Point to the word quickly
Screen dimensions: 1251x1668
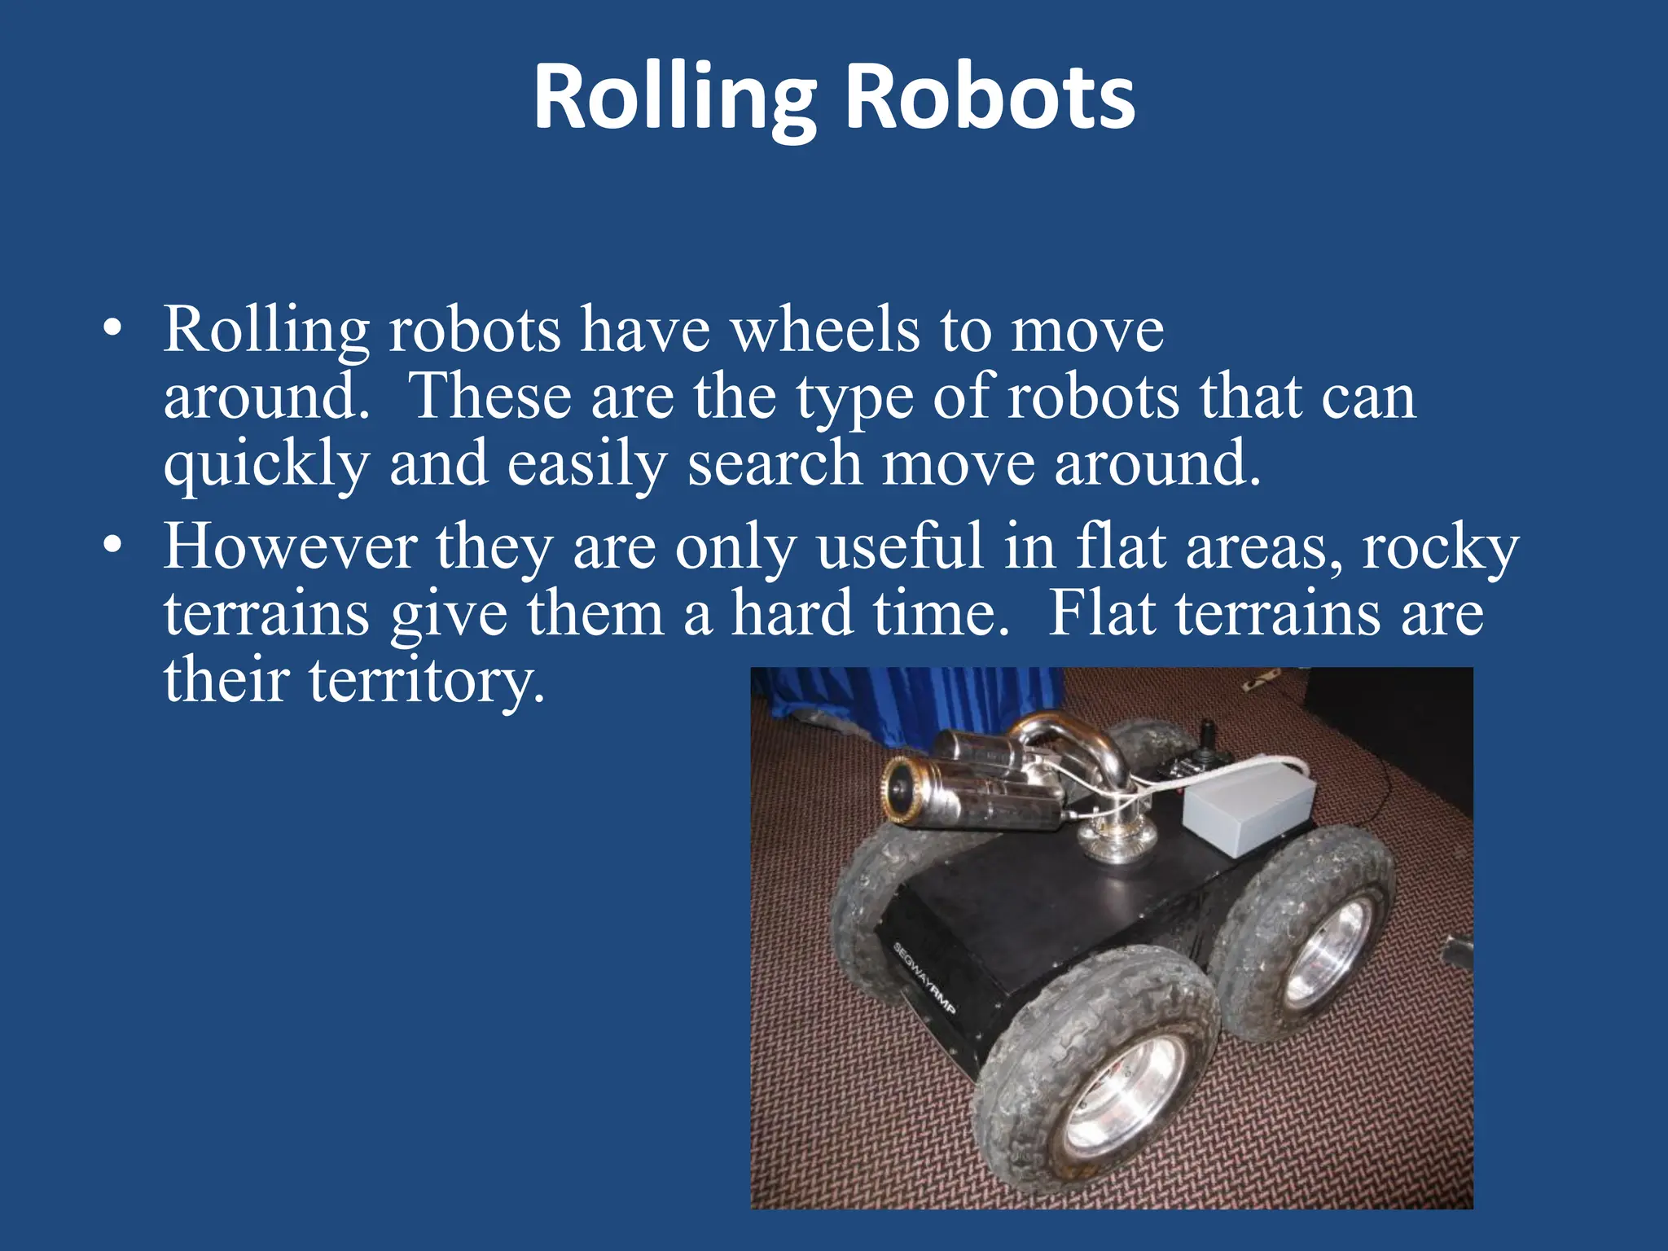[266, 464]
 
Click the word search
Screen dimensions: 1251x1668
[775, 463]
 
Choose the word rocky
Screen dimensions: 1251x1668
[1440, 547]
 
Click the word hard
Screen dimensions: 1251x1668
[792, 612]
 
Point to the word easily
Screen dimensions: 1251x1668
[586, 464]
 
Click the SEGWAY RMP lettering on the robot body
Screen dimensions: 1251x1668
[924, 977]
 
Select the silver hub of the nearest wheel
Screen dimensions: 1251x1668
[1126, 1094]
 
